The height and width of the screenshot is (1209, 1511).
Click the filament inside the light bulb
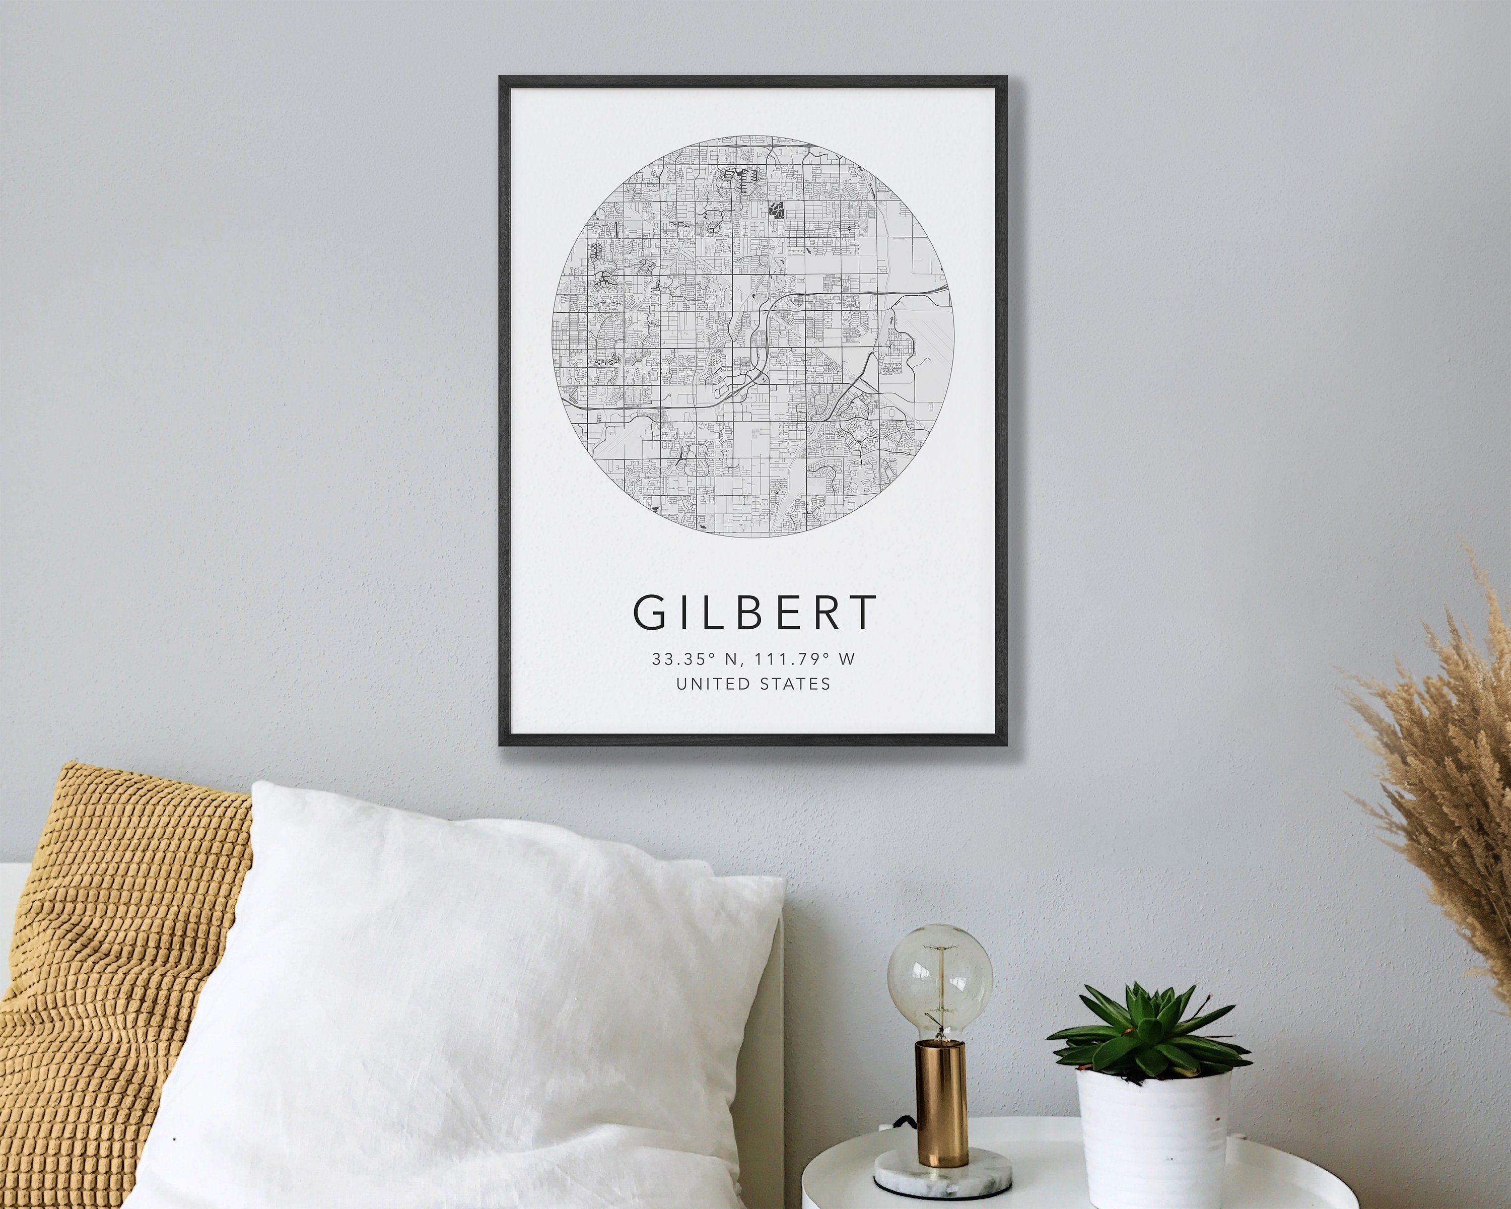point(940,981)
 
